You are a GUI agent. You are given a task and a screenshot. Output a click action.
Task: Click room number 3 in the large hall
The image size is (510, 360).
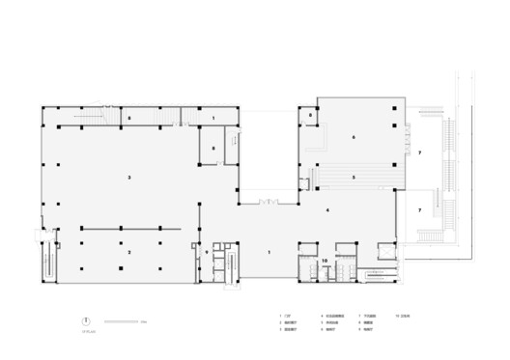coord(129,178)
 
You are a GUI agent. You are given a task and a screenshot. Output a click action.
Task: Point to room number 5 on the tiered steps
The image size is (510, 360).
coord(354,178)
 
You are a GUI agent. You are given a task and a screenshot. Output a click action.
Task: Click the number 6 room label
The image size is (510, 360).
coord(354,138)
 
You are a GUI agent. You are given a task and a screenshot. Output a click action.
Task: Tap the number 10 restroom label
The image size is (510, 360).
coord(325,261)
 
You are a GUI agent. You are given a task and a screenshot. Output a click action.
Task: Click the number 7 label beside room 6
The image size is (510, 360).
coord(420,153)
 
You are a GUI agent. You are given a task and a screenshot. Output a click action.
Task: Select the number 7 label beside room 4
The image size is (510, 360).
coord(420,209)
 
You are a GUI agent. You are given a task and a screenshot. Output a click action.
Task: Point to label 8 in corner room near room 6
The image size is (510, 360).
coord(311,115)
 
